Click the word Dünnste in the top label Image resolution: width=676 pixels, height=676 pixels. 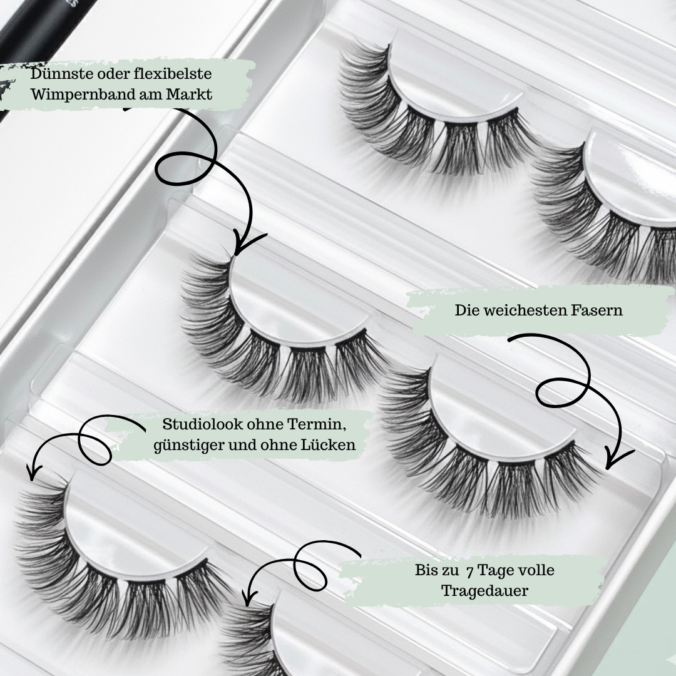62,74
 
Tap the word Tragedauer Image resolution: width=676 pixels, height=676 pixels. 484,591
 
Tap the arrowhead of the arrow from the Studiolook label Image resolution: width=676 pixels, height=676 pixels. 31,470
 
